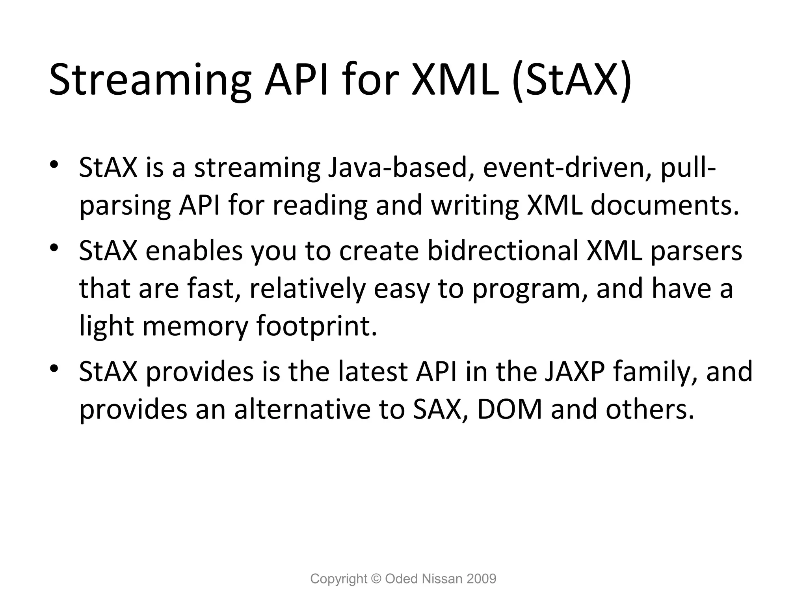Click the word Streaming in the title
pyautogui.click(x=150, y=81)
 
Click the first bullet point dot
pyautogui.click(x=54, y=165)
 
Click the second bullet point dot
pyautogui.click(x=54, y=248)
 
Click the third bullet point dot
pyautogui.click(x=54, y=369)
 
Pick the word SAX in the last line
pyautogui.click(x=437, y=409)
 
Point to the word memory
pyautogui.click(x=195, y=326)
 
